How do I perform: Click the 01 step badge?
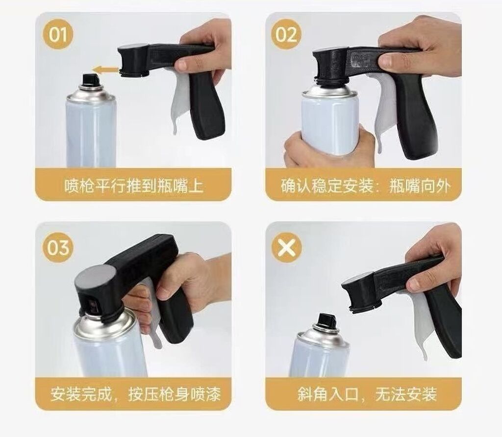point(58,34)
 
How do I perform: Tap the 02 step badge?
point(286,34)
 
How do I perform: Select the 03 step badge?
point(58,247)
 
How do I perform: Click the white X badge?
point(286,247)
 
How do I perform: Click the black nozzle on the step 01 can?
point(90,79)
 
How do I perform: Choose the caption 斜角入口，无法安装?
point(367,394)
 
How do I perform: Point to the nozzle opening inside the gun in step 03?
point(93,306)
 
